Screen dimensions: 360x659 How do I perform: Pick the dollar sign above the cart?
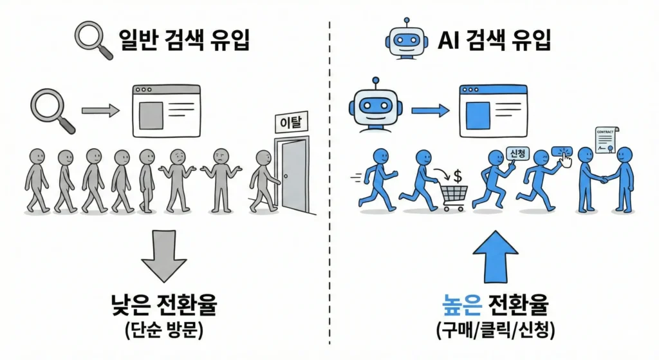tap(458, 175)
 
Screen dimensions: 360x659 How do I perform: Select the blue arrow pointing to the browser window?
tap(430, 111)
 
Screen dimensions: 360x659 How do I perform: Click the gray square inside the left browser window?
tap(151, 115)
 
